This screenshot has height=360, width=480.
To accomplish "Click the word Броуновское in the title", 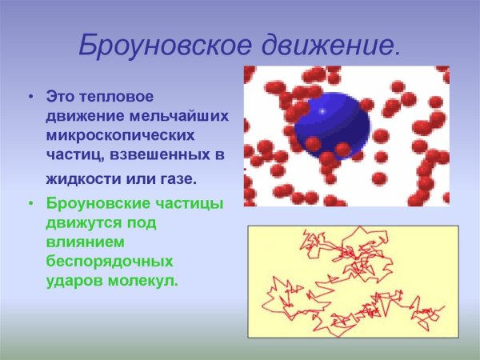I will tap(153, 45).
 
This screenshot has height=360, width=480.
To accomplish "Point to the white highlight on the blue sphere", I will tap(322, 111).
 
